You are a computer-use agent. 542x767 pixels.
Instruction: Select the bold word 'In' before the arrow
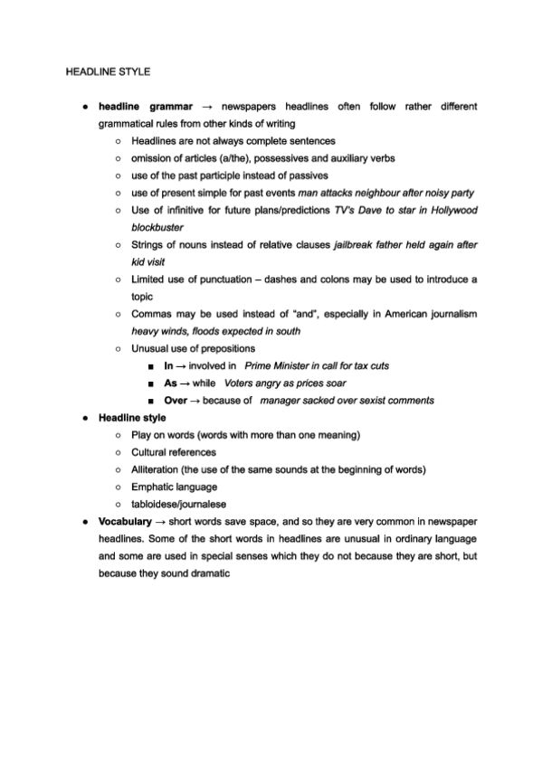[168, 365]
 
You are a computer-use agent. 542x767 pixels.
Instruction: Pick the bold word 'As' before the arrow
[169, 383]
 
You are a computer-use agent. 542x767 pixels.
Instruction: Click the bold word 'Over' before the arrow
[176, 400]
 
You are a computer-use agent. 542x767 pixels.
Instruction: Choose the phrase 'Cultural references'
[174, 452]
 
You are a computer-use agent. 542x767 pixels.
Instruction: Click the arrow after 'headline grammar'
[205, 107]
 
